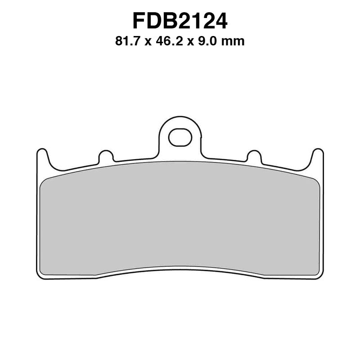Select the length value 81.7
click(128, 42)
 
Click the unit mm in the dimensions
click(234, 42)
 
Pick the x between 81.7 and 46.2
click(149, 42)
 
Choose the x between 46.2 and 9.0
click(191, 42)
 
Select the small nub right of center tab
click(254, 157)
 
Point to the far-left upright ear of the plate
click(42, 157)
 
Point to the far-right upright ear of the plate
click(318, 157)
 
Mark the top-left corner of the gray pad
click(43, 180)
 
